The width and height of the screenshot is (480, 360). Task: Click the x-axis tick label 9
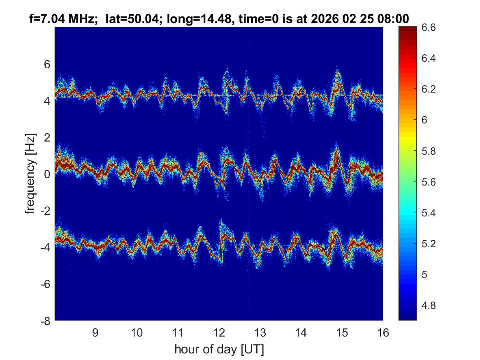point(95,332)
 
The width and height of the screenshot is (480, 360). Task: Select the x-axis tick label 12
point(219,332)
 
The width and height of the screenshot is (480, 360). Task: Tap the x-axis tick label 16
point(383,332)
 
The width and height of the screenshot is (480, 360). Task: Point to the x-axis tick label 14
point(301,332)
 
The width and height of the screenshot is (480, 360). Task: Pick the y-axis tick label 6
point(47,64)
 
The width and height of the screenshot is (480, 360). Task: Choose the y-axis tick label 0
point(47,174)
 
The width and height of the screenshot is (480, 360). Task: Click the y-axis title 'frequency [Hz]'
point(30,174)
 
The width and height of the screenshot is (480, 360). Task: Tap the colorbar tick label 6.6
point(429,28)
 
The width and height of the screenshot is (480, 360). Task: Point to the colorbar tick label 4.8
point(429,306)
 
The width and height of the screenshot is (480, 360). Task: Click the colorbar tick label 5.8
point(429,151)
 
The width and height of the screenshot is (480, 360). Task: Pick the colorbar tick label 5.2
point(429,244)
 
